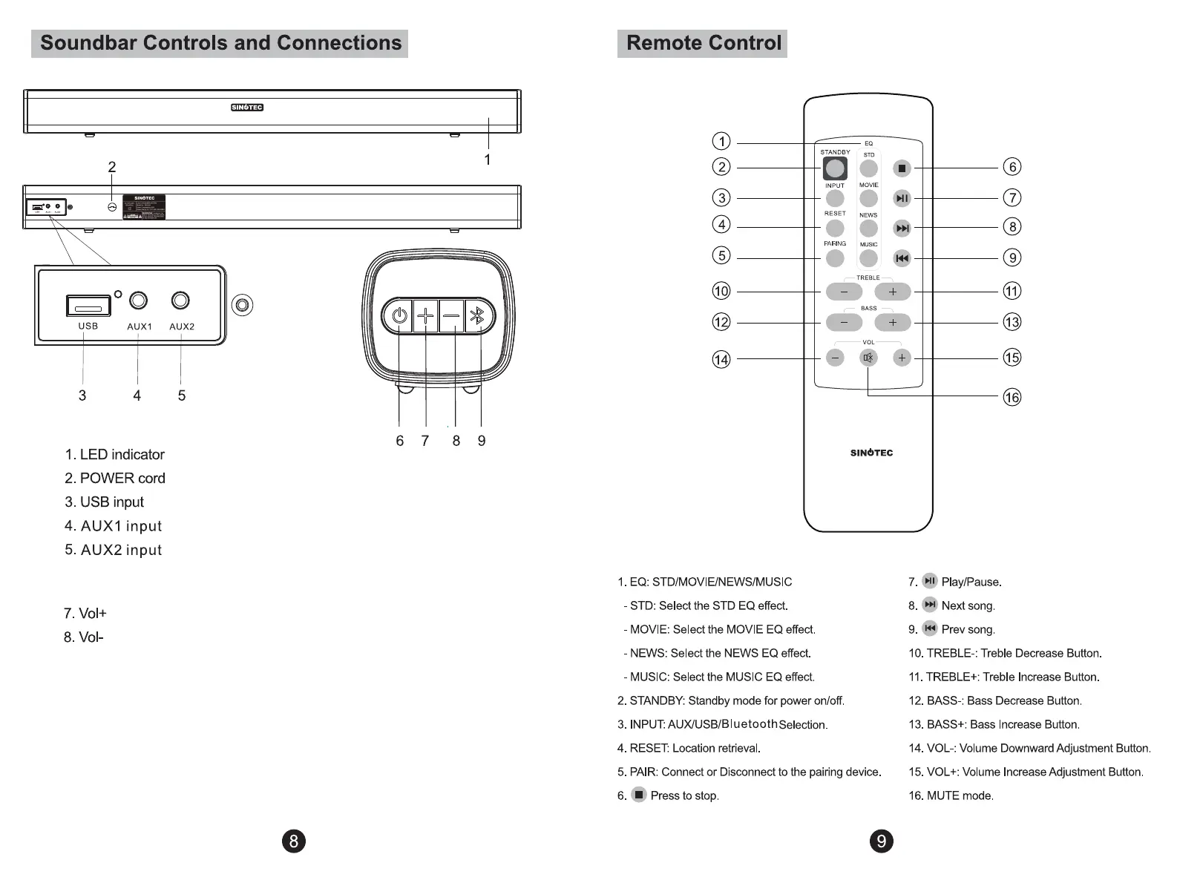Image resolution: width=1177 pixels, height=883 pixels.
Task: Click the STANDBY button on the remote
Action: pos(835,168)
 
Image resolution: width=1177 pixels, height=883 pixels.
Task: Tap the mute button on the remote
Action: pos(868,358)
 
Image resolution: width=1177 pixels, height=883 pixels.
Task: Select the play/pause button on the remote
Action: pos(902,198)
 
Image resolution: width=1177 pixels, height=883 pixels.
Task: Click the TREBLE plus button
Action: pos(893,292)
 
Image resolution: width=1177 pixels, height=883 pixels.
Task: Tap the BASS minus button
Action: pos(844,323)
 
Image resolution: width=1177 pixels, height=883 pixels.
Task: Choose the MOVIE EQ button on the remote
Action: pos(868,198)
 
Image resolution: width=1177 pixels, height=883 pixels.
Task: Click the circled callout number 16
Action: pos(1012,398)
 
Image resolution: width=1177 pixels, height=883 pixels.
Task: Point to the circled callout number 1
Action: pos(721,141)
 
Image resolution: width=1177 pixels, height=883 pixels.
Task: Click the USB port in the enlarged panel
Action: pos(88,306)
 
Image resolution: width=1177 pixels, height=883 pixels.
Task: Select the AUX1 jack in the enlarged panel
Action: pos(139,301)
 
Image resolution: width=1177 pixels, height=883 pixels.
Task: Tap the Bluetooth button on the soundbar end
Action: pos(479,317)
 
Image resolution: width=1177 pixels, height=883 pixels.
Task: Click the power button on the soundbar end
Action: pos(399,317)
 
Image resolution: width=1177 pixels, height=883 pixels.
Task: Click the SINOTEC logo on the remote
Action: pos(871,453)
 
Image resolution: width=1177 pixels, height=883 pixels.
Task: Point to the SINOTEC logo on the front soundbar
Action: pos(247,108)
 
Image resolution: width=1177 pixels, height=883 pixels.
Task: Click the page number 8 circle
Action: pos(294,841)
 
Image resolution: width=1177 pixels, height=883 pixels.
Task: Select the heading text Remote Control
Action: pos(704,43)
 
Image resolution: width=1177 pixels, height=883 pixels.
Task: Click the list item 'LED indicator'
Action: pos(122,454)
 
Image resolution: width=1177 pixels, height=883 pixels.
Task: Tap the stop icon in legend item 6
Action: pos(639,795)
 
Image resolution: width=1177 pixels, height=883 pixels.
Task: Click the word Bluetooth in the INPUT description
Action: pos(750,723)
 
